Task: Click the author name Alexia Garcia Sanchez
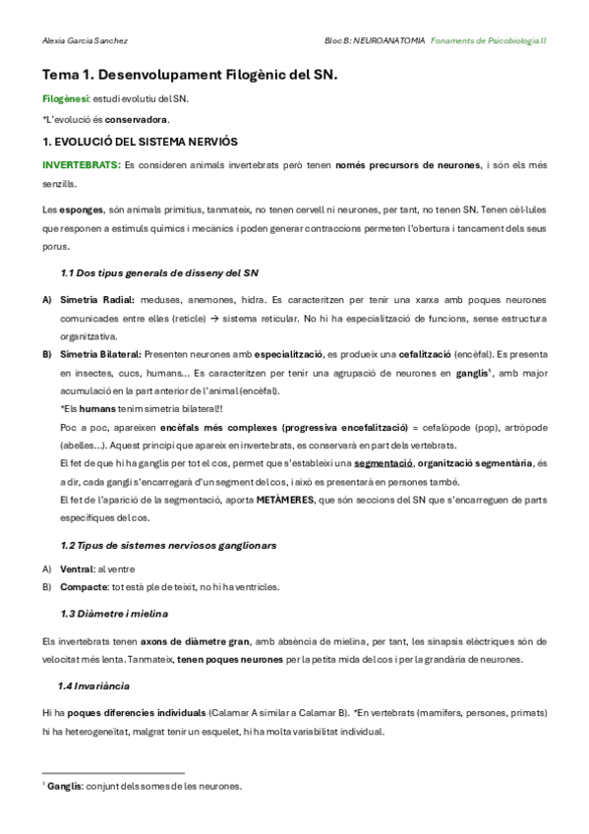(x=86, y=40)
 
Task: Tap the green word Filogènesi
(x=65, y=99)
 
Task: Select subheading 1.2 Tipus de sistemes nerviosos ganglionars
(x=168, y=544)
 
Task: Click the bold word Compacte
(x=82, y=587)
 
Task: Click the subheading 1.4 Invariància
(x=93, y=685)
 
